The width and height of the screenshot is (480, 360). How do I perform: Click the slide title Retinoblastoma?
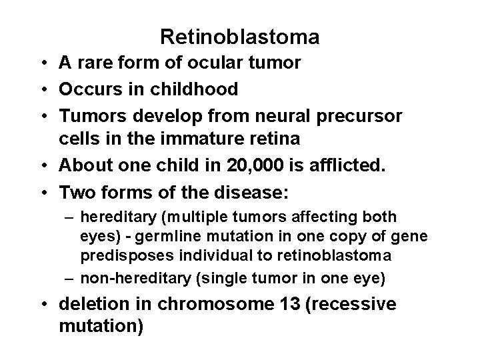(x=240, y=37)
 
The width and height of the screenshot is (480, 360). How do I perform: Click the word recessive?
(x=355, y=305)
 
